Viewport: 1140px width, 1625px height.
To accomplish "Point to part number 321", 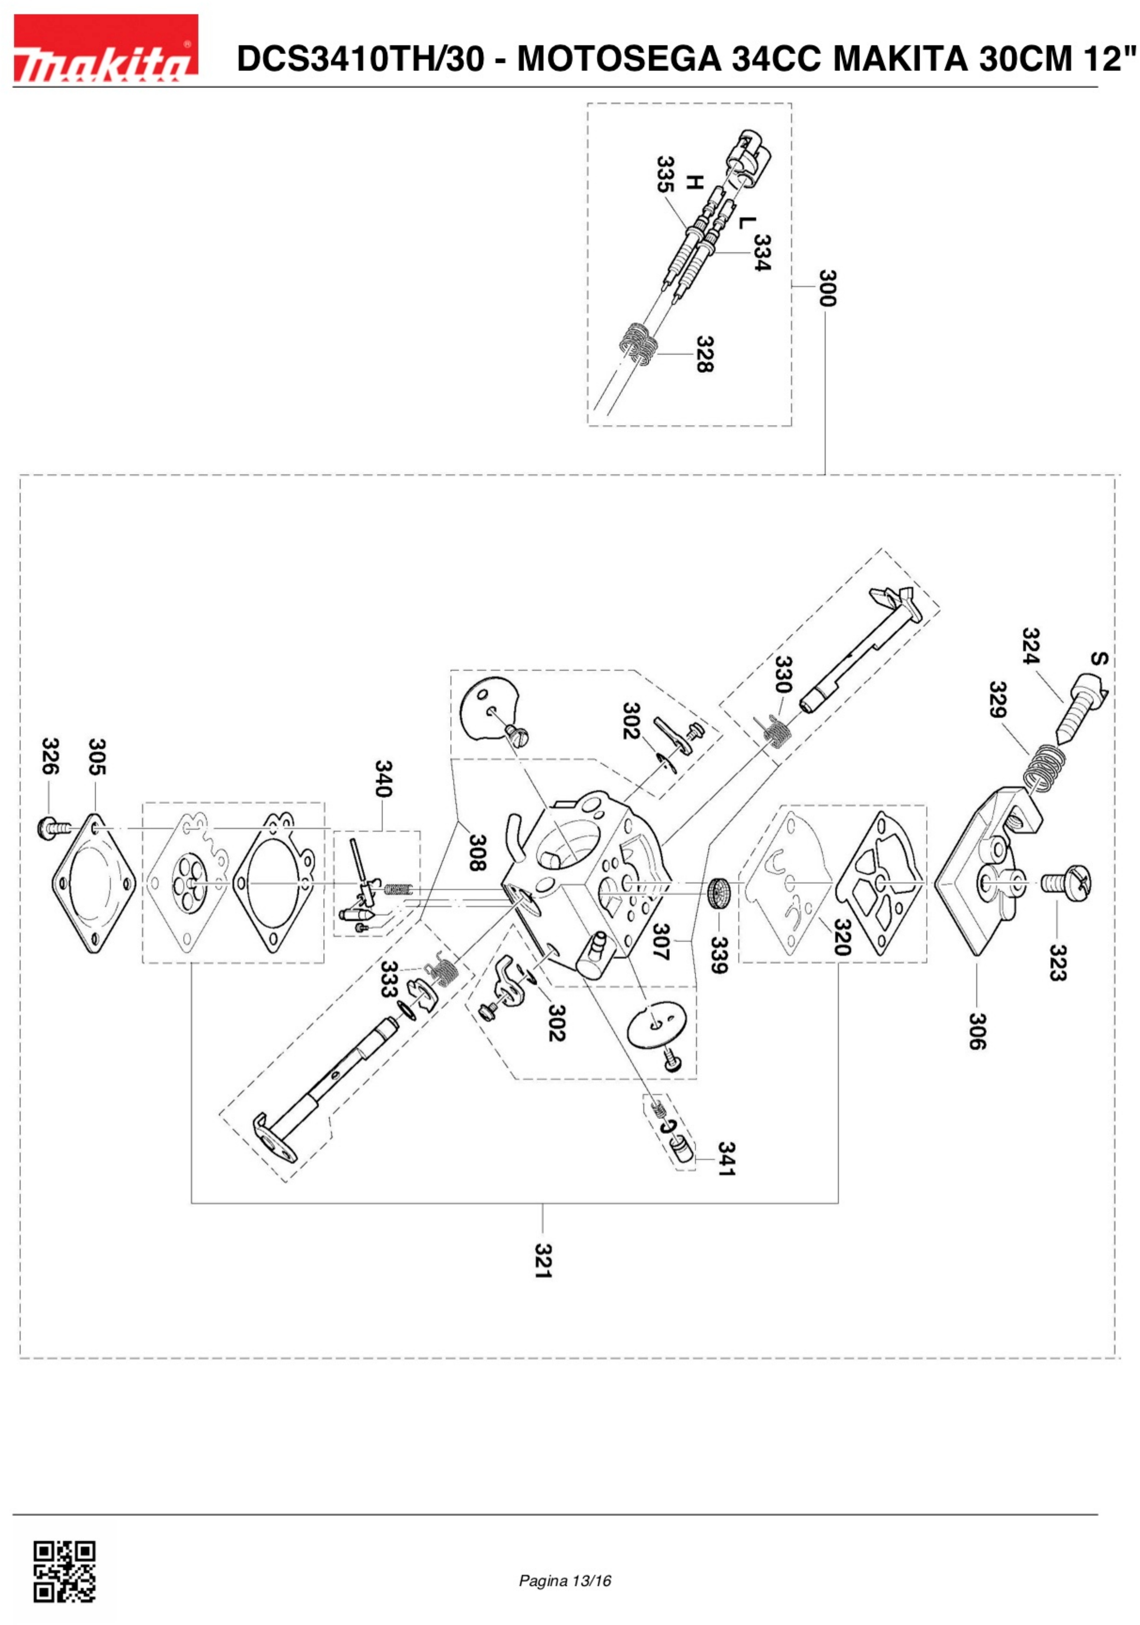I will tap(543, 1261).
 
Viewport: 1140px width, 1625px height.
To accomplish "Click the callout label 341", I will tap(726, 1158).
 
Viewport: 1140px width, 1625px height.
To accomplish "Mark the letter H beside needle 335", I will tap(695, 183).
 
